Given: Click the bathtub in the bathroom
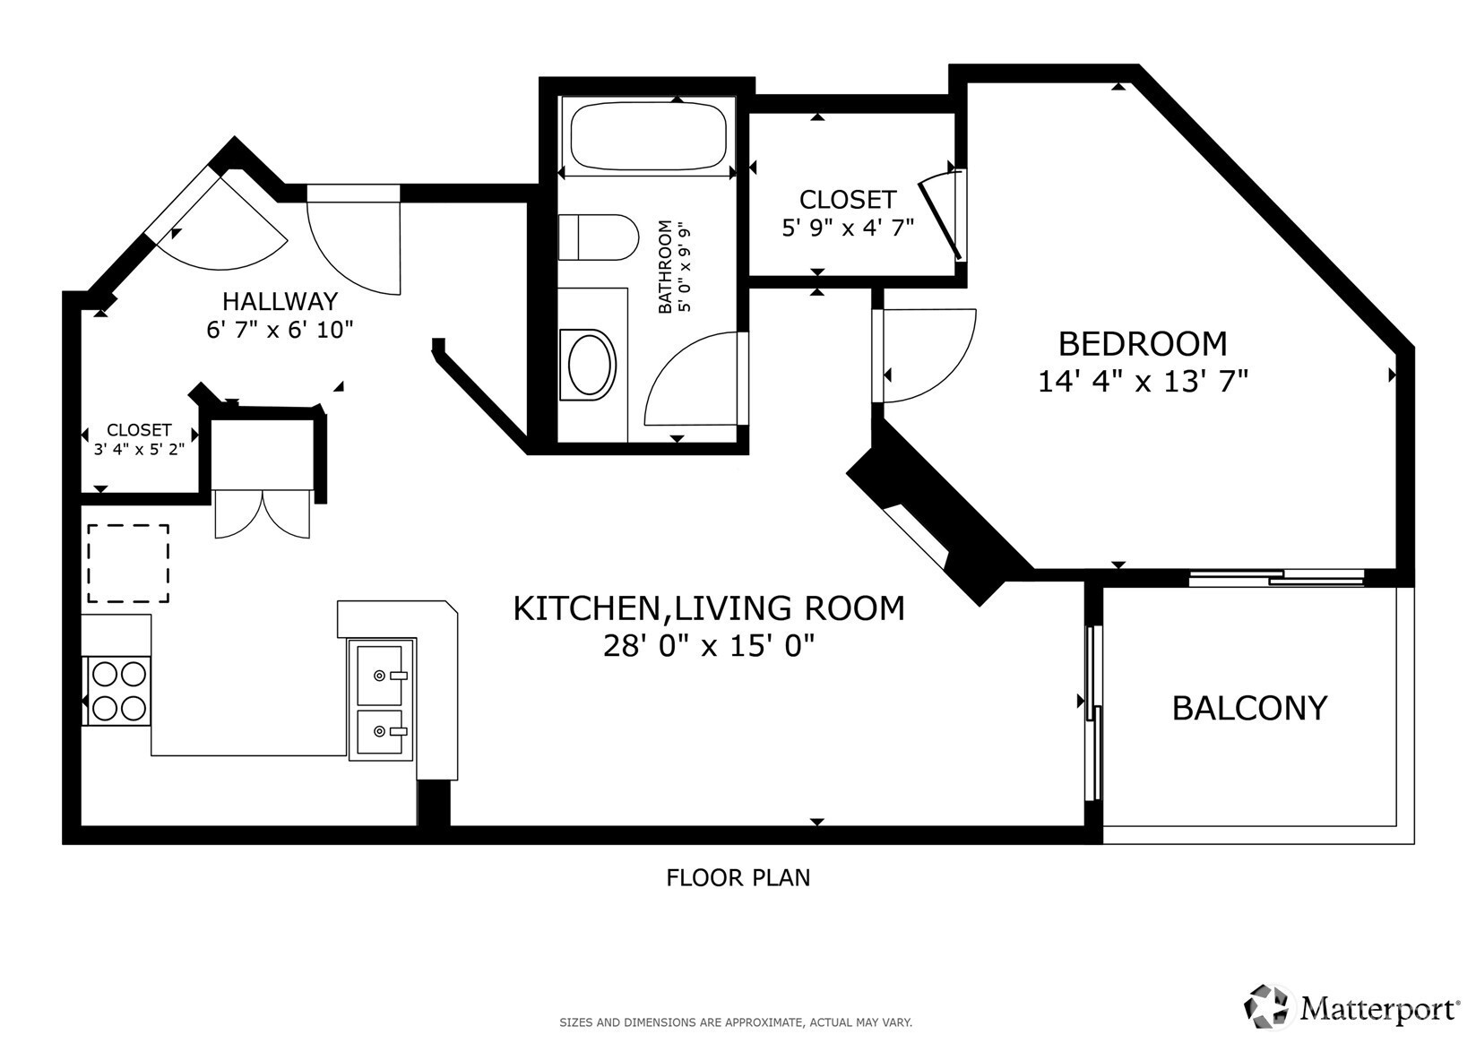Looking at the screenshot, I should click(x=648, y=135).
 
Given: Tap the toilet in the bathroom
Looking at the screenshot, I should click(x=598, y=237).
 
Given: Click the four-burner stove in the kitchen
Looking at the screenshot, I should click(x=118, y=691).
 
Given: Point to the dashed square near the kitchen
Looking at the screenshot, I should click(x=128, y=564).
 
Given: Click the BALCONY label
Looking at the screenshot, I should click(x=1249, y=708).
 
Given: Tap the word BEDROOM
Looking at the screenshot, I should click(x=1143, y=343).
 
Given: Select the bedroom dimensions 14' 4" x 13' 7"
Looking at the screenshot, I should click(x=1143, y=382).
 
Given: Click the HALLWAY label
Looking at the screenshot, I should click(x=280, y=301).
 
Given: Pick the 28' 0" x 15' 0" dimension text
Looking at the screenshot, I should click(x=708, y=646).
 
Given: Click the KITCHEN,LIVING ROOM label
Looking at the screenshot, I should click(x=708, y=608).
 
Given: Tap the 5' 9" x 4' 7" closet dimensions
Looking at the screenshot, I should click(x=848, y=228).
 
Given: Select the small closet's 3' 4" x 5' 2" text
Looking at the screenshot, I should click(x=139, y=449).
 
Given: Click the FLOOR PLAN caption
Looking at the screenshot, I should click(x=738, y=878).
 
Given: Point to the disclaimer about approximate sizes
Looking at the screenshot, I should click(x=736, y=1022).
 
